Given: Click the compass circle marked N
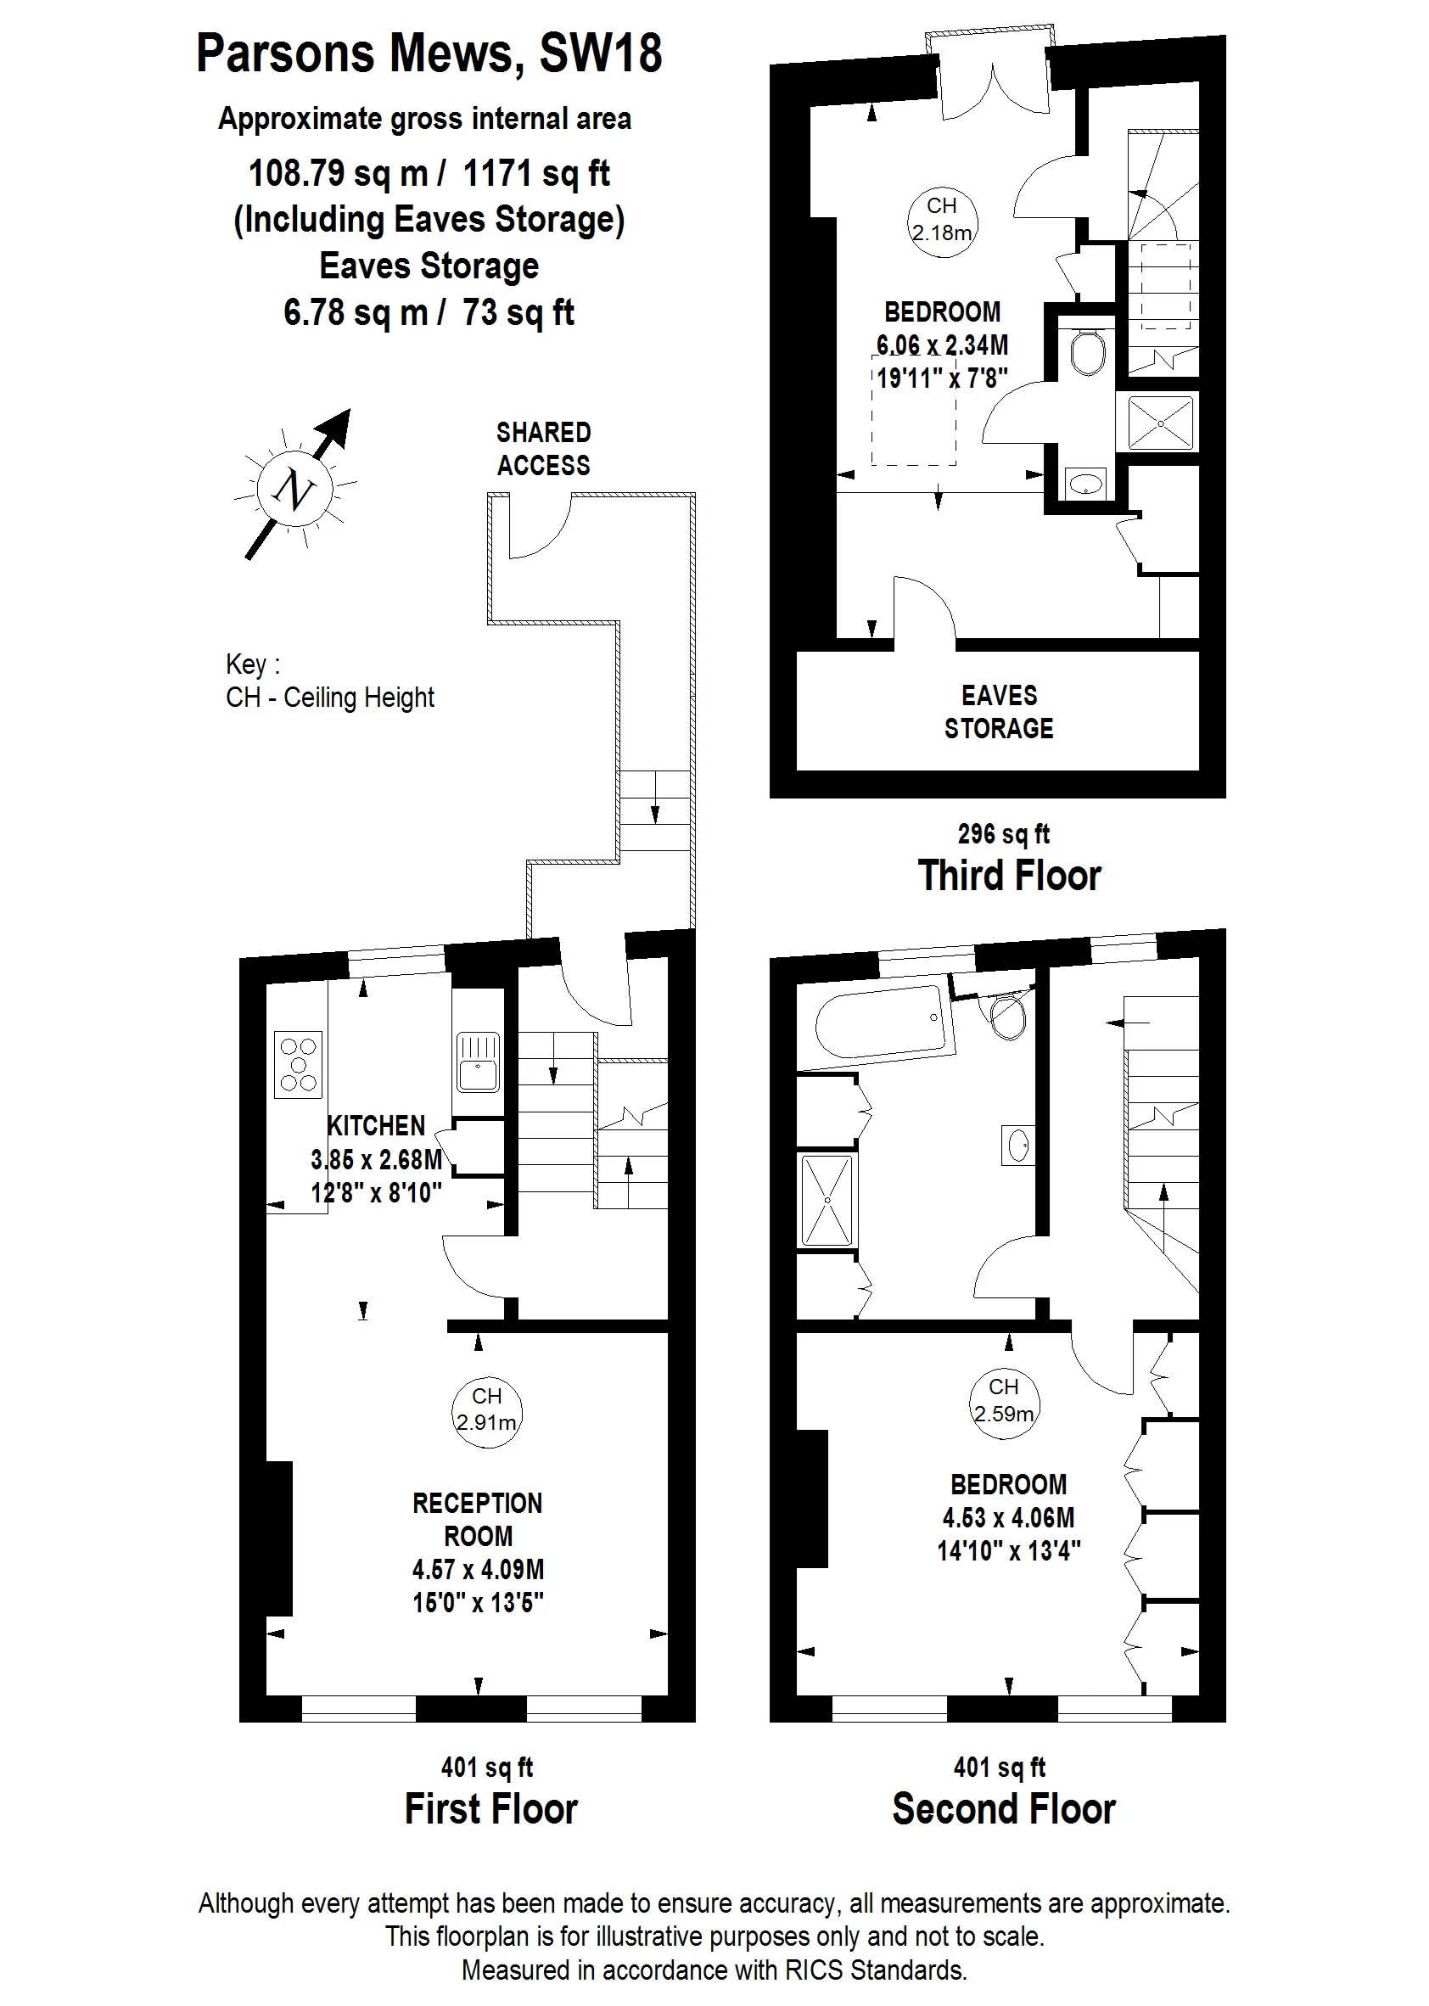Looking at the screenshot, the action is click(x=294, y=488).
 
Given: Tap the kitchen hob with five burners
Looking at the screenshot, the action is click(x=299, y=1065).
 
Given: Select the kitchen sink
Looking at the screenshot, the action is click(x=478, y=1062).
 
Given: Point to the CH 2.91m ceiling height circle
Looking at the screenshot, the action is click(x=486, y=1413).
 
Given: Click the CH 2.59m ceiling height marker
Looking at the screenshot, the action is click(x=1004, y=1404).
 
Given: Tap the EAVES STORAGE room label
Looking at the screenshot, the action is click(x=999, y=712).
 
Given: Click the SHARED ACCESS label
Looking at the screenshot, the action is click(x=544, y=449).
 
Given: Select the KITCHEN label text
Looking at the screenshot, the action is click(x=376, y=1125).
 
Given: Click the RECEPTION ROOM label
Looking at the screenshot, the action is click(x=478, y=1520).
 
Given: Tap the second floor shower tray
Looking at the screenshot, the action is click(x=827, y=1200).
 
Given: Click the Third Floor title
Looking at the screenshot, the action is click(x=1009, y=876).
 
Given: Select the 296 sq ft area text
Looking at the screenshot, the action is click(x=1004, y=833).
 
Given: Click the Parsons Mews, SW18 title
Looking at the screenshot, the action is click(x=429, y=53).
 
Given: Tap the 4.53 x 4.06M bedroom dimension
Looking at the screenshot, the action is click(x=1008, y=1518).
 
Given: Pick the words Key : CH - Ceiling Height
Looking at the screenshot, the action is click(x=330, y=680).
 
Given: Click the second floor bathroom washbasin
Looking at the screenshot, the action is click(x=1018, y=1146).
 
